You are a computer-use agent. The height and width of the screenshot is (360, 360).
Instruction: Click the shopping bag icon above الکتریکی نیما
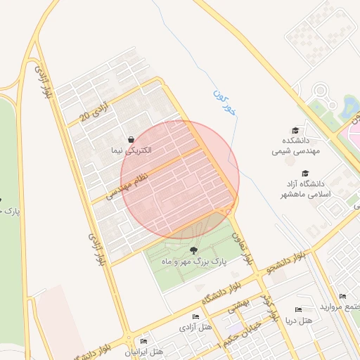pos(131,140)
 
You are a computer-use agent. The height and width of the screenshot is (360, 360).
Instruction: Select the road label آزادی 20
pos(95,111)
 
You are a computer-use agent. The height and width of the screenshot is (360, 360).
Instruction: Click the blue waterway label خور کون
pos(224,103)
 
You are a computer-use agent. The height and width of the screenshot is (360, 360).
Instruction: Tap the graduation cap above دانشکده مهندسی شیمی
pos(295,130)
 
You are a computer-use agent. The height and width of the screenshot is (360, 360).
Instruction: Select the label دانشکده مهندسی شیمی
pos(296,146)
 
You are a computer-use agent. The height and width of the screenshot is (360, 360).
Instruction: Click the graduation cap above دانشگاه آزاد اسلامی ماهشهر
pos(304,173)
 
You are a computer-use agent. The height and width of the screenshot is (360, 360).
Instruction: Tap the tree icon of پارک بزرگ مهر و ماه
pos(193,250)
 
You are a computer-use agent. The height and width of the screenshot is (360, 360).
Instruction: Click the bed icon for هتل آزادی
pos(195,317)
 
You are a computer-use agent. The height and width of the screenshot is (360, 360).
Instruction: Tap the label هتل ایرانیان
pos(144,351)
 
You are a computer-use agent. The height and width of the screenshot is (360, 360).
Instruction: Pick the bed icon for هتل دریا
pos(298,310)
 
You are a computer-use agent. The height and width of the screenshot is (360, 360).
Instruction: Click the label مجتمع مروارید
pos(340,307)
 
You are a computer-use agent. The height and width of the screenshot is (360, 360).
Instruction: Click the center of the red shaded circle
pos(180,180)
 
